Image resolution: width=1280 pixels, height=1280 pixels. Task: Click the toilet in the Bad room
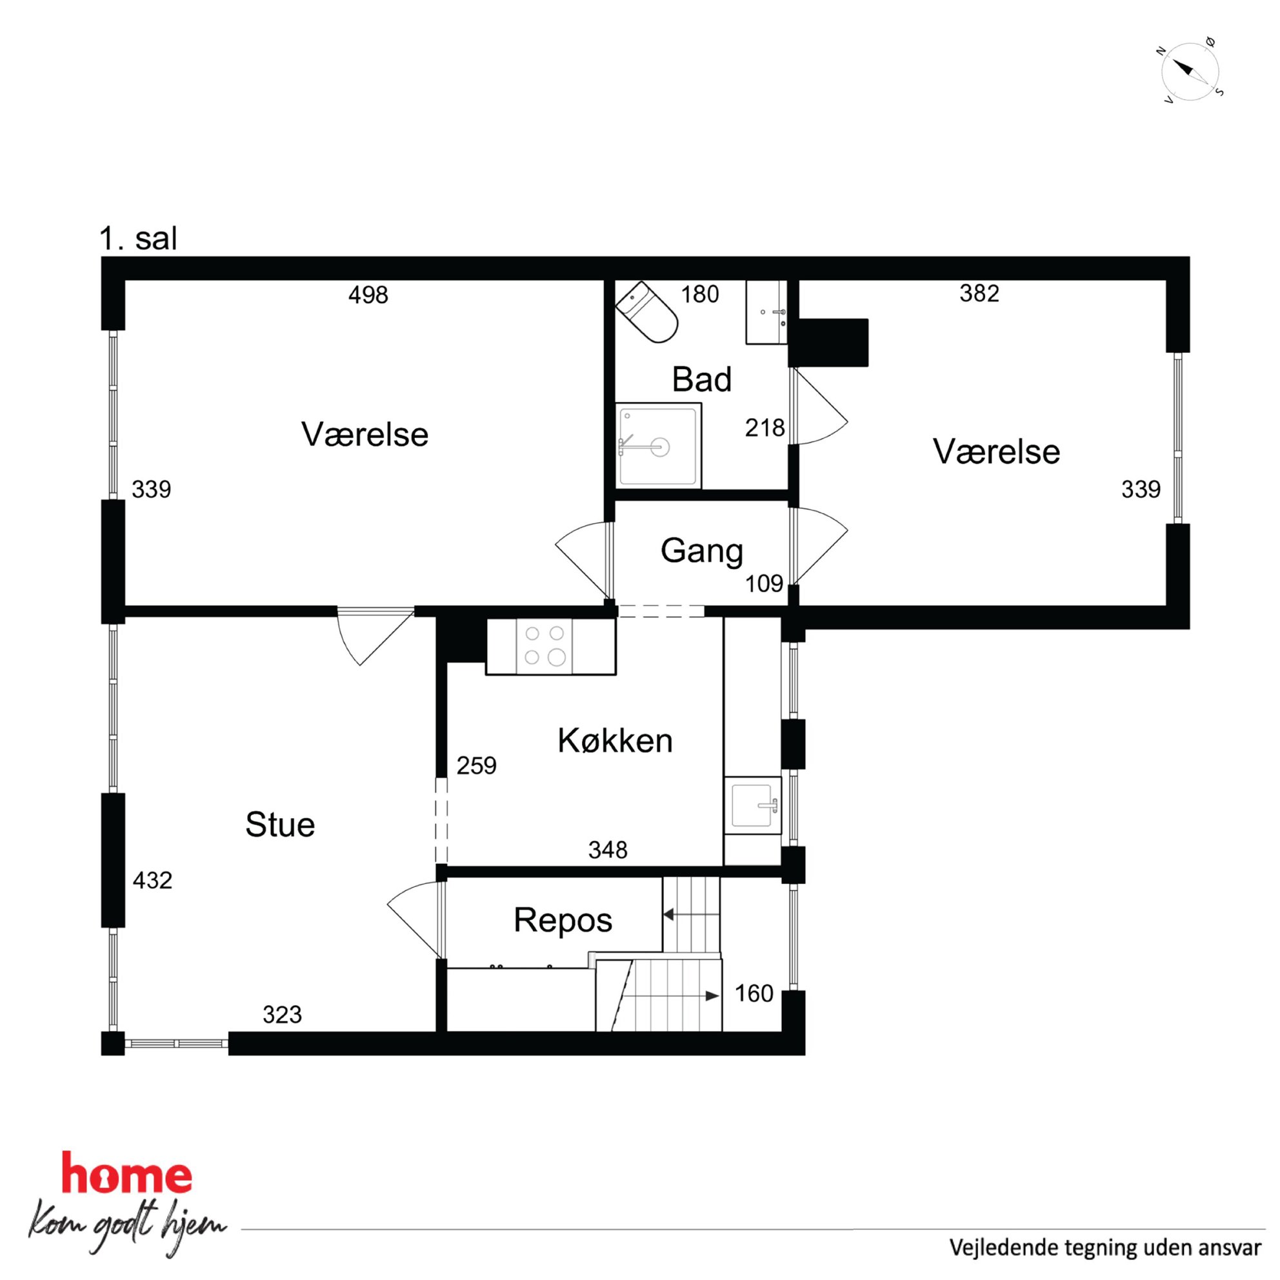pos(646,312)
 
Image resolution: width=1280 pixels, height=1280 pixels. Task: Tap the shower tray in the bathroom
pos(658,445)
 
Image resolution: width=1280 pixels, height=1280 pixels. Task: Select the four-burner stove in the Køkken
pos(545,646)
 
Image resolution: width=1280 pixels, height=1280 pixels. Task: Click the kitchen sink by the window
pos(753,805)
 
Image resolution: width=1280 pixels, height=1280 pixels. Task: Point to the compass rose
pos(1190,72)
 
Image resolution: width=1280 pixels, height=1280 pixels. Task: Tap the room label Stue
pos(279,825)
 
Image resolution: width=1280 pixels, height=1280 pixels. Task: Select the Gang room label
pos(702,551)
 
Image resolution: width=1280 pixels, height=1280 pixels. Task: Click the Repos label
pos(563,921)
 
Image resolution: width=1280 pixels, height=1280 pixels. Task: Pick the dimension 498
pos(368,295)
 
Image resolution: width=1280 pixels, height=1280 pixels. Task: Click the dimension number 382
pos(979,294)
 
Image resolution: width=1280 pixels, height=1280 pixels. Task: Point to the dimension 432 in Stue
pos(152,881)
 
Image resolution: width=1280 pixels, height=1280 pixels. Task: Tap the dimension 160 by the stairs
pos(754,994)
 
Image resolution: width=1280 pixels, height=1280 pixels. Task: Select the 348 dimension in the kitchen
pos(608,850)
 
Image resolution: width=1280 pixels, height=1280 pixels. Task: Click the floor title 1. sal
pos(139,238)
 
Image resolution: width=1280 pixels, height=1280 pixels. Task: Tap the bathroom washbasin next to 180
pos(766,312)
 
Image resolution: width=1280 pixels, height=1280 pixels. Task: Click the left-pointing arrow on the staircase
pos(691,914)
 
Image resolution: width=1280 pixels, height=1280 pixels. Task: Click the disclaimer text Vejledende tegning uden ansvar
pos(1105,1248)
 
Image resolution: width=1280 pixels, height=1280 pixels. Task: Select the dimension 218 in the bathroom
pos(765,428)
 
